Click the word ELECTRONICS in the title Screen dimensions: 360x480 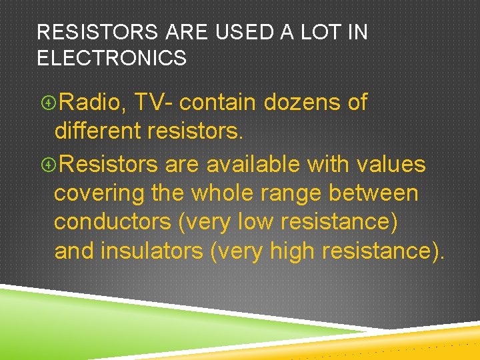[x=112, y=58]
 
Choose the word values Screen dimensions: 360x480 [x=391, y=163]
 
